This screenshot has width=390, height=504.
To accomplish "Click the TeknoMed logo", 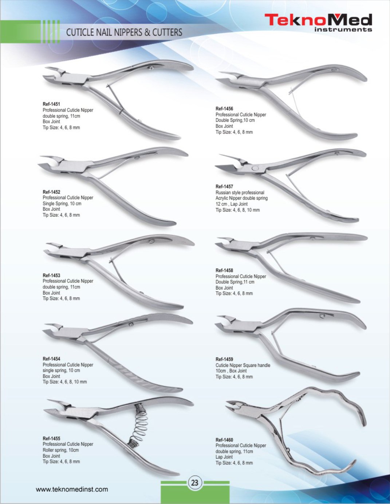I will click(x=318, y=22).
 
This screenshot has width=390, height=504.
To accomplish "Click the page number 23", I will click(x=195, y=483).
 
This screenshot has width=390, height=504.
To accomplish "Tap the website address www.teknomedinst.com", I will click(x=72, y=489).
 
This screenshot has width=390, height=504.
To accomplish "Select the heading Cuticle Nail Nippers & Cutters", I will click(x=124, y=32).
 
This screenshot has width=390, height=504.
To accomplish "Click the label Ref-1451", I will click(x=51, y=104).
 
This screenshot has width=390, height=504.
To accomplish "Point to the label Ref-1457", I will click(x=224, y=187).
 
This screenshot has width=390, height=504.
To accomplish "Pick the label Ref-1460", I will click(x=224, y=440).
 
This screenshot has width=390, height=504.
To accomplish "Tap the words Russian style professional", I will click(x=240, y=192).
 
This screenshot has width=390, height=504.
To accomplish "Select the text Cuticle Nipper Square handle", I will click(x=243, y=365).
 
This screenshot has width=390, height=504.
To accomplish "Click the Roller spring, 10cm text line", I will click(x=60, y=450).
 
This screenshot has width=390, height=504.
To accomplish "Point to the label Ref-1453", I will click(x=51, y=275).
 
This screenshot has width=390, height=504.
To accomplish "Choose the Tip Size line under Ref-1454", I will click(x=64, y=382).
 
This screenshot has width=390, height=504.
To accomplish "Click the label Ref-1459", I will click(x=224, y=359).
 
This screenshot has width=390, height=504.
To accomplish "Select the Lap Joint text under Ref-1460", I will click(x=224, y=457).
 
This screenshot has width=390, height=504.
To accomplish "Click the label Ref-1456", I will click(x=224, y=108).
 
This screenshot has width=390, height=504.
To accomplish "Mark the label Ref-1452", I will click(x=51, y=192).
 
